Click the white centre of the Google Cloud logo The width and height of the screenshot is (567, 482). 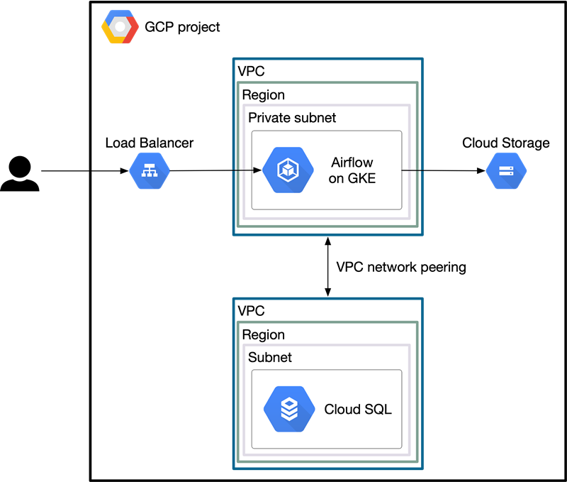[x=120, y=27]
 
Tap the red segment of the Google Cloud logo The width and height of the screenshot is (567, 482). [x=132, y=33]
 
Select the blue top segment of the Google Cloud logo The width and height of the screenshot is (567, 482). [x=120, y=14]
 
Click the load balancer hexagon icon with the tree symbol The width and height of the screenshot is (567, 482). [x=150, y=170]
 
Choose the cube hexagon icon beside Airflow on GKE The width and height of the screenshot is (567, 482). [x=288, y=170]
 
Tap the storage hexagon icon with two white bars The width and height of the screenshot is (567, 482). [x=506, y=170]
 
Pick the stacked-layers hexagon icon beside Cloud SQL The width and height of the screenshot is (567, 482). [x=289, y=409]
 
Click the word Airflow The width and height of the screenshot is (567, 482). [x=352, y=163]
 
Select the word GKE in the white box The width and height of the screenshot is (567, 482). [x=361, y=178]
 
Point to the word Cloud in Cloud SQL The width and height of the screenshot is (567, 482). [x=341, y=410]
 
